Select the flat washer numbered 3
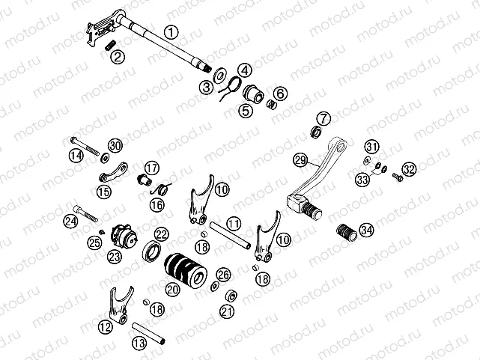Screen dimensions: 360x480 tap(220, 75)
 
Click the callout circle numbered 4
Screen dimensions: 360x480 tap(246, 70)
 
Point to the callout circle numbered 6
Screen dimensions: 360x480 tap(280, 94)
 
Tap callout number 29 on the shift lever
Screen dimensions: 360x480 tap(300, 159)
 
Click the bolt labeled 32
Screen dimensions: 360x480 tap(398, 177)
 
